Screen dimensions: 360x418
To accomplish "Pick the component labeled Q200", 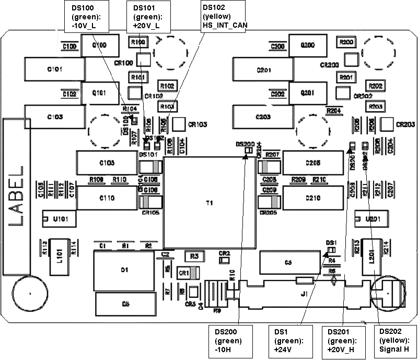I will (308, 45).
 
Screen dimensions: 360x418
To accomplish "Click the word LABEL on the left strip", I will (17, 196).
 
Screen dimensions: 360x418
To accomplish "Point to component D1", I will (124, 270).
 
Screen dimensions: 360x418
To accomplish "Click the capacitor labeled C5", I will (126, 304).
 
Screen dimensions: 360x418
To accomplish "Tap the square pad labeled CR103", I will (179, 124).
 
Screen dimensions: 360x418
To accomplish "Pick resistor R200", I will (346, 42).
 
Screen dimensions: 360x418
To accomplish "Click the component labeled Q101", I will (99, 94).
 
